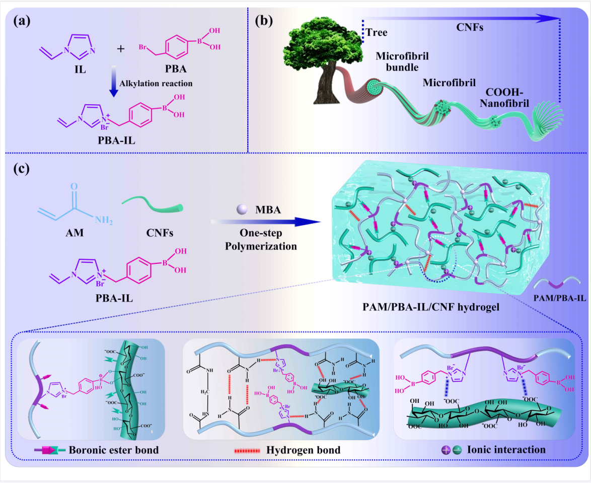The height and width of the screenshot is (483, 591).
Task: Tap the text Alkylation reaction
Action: coord(150,83)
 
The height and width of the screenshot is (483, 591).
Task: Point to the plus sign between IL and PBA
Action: coord(120,49)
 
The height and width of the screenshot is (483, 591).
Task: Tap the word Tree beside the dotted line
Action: coord(378,33)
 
